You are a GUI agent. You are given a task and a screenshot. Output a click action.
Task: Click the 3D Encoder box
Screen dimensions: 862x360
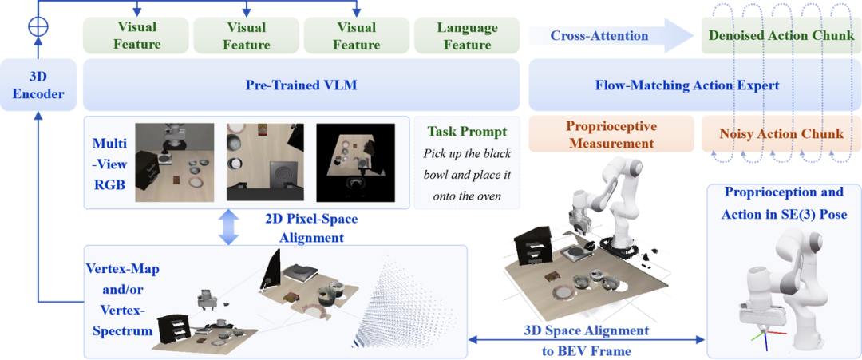pos(38,85)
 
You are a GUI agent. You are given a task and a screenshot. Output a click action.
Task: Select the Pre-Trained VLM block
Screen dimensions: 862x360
pos(301,85)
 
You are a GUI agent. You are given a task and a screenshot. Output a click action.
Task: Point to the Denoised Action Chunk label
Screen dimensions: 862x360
pos(781,36)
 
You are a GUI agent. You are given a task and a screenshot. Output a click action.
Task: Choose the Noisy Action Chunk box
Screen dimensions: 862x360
pos(781,134)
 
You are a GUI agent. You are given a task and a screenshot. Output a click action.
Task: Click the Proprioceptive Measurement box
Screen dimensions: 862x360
pos(611,134)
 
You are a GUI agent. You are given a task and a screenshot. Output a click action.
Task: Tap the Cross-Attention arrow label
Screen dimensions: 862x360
pos(599,36)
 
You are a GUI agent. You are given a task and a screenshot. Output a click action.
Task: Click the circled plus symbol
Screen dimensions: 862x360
pos(38,26)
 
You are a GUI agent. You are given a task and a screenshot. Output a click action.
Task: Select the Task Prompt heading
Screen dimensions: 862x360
pos(466,133)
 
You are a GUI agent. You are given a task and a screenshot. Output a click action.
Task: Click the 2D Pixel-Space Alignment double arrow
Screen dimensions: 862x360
pos(229,227)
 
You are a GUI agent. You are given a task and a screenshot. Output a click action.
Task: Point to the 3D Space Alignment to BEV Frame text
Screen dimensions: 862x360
pos(585,340)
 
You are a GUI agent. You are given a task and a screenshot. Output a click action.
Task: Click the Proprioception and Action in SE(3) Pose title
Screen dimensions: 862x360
pos(784,202)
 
